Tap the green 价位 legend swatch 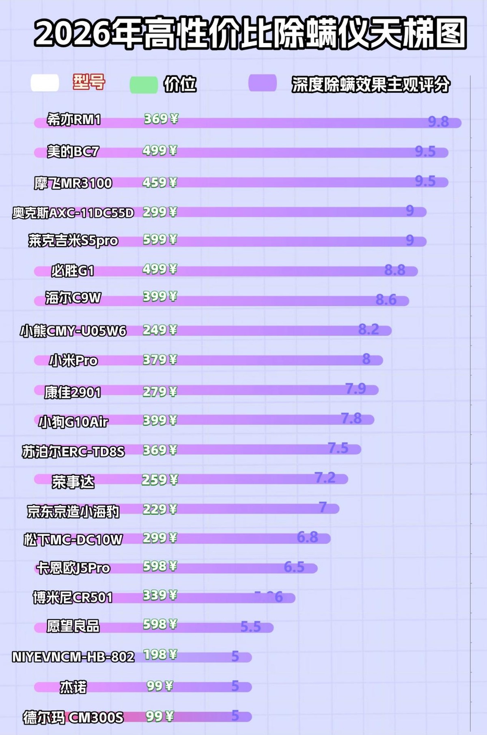(x=144, y=85)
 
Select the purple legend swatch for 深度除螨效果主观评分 (x=263, y=83)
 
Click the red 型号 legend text (x=89, y=82)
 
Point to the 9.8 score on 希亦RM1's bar (x=438, y=121)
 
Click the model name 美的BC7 (x=73, y=152)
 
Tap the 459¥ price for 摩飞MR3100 (x=160, y=182)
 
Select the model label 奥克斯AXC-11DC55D (x=73, y=212)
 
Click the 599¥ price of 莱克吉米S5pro (x=160, y=240)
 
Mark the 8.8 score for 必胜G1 (x=395, y=270)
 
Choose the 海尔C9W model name (x=73, y=298)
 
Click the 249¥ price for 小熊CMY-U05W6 (x=160, y=330)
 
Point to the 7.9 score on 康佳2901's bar (x=356, y=389)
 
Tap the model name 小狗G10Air (x=73, y=422)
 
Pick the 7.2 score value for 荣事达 (x=325, y=478)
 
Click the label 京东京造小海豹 (x=73, y=512)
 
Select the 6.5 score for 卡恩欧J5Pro (x=294, y=567)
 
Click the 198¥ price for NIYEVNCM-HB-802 (x=160, y=655)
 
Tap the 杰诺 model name (x=73, y=687)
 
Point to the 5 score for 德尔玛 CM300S (x=235, y=715)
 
